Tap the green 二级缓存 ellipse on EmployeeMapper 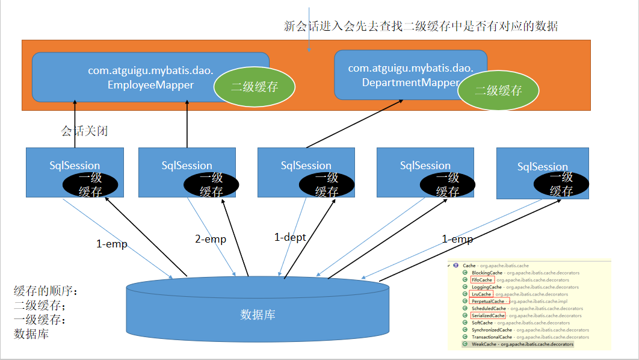coord(255,87)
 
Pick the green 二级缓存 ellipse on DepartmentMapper coord(498,91)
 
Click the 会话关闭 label coord(84,131)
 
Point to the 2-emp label coord(211,239)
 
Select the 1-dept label coord(290,237)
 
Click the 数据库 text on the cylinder coord(258,314)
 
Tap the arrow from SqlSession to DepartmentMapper coord(355,123)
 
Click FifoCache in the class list coord(483,280)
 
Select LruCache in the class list coord(481,294)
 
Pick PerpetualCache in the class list coord(488,301)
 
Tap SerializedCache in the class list coord(488,315)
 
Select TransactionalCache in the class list coord(492,337)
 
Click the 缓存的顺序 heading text coord(46,291)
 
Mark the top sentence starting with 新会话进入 coord(421,26)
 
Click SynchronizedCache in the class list coord(492,330)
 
